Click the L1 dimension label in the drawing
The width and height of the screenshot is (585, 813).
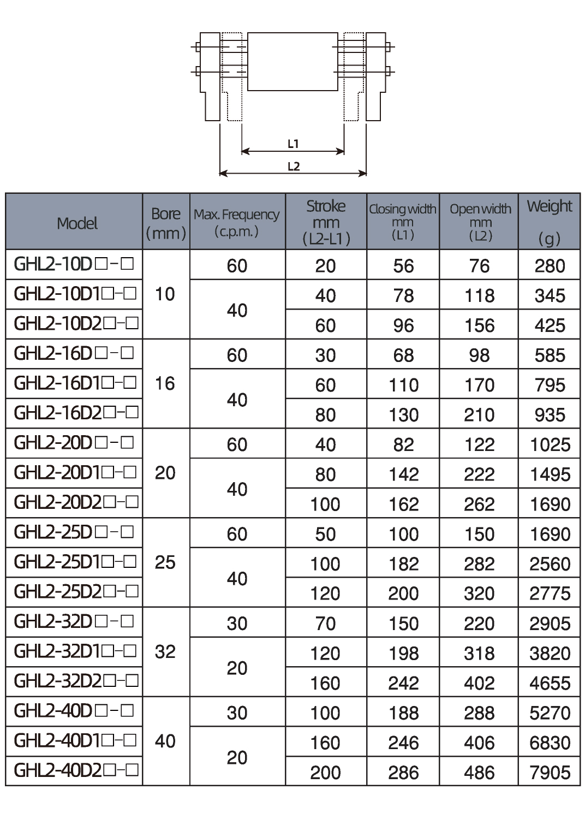293,144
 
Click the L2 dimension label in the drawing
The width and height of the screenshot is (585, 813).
294,167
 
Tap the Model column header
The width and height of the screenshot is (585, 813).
77,223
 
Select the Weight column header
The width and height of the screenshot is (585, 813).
549,221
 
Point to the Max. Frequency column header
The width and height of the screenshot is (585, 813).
237,221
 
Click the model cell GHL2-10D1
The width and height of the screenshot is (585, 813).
75,294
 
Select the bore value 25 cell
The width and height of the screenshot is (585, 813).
165,562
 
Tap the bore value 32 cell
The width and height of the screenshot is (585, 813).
165,651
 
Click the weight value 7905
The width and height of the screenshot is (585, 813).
550,772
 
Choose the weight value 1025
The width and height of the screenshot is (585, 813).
550,444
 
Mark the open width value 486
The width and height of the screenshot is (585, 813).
479,772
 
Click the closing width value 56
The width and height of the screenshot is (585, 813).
403,266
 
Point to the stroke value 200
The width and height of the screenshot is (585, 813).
325,772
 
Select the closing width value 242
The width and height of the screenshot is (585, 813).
403,683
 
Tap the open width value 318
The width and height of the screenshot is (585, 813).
479,653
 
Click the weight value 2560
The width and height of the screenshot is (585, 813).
550,563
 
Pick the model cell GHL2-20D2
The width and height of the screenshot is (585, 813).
75,502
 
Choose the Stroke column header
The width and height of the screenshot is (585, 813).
326,222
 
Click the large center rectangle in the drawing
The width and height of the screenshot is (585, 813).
292,61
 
